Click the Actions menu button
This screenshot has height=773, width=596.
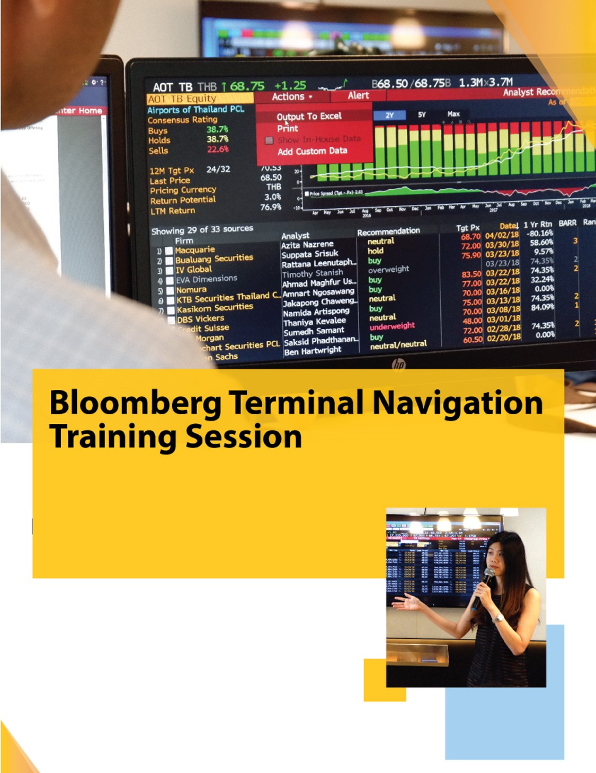point(292,97)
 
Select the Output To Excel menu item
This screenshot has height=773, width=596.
point(309,116)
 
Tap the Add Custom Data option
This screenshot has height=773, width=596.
point(312,151)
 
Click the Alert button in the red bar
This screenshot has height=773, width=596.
point(358,95)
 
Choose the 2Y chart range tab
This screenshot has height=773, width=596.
point(389,115)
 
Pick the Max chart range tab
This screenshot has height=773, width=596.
point(453,114)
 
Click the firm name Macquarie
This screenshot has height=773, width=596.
point(195,250)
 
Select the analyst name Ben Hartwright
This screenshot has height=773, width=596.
point(313,351)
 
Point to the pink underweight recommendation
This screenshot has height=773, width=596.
point(392,326)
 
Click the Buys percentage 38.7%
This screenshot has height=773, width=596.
point(217,129)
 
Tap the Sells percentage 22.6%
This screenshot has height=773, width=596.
point(218,149)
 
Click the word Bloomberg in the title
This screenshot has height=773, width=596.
point(135,403)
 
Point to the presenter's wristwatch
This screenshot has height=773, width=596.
point(497,618)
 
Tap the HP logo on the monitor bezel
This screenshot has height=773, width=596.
point(398,364)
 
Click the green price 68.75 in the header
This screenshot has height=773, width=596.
point(247,86)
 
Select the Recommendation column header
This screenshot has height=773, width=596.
point(388,232)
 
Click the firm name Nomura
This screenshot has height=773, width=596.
point(191,290)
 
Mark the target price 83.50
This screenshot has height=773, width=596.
point(471,274)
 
